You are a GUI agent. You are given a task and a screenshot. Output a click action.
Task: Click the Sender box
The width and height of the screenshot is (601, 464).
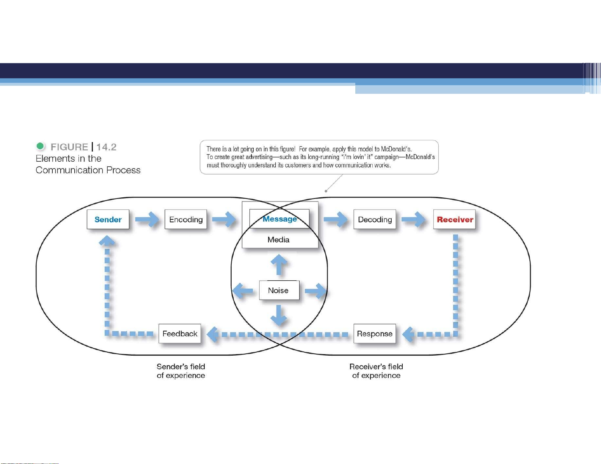(108, 219)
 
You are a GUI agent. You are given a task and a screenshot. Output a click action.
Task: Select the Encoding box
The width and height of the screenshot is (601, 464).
(186, 219)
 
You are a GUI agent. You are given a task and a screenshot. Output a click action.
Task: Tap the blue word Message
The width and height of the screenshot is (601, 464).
(279, 219)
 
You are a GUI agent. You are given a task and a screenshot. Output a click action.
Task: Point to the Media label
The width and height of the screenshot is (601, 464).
(278, 239)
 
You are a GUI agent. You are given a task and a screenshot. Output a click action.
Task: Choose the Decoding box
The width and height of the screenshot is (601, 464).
(375, 219)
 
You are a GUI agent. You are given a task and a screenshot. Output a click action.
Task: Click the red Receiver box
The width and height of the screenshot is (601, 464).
(454, 219)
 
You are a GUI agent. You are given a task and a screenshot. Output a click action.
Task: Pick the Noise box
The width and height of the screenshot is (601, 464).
(279, 290)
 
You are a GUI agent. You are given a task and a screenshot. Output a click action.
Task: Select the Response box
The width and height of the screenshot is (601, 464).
(375, 334)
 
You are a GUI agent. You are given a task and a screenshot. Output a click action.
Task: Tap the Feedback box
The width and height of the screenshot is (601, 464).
(180, 334)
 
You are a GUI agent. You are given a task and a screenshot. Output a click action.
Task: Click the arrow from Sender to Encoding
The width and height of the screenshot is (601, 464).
(147, 219)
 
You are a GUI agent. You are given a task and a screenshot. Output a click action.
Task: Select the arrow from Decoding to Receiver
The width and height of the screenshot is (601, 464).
(413, 219)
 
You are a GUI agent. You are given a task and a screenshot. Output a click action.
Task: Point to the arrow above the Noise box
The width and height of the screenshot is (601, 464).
(279, 265)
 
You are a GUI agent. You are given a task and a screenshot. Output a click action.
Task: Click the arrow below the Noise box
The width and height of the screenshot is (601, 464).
(279, 315)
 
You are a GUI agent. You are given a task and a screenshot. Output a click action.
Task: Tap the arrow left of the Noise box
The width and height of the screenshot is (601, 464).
(243, 291)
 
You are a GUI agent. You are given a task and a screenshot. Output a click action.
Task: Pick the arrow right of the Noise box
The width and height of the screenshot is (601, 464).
(315, 291)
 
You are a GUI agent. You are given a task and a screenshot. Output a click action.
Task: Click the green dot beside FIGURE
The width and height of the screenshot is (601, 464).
(40, 146)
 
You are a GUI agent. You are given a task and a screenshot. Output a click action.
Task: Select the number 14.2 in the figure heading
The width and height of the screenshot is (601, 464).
(106, 147)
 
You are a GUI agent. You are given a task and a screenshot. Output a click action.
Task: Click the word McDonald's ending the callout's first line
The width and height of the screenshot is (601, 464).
(396, 149)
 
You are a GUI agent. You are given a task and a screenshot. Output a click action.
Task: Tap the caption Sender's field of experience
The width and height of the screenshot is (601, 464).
(180, 371)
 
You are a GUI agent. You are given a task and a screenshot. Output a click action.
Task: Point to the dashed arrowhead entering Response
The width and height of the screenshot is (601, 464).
(408, 334)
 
